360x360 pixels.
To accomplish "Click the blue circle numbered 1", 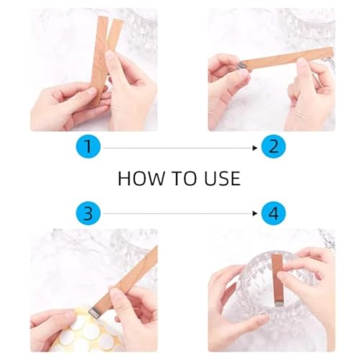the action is (x=89, y=146).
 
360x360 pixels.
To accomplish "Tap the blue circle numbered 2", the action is (x=274, y=146).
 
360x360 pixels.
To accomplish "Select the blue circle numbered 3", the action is (x=89, y=213).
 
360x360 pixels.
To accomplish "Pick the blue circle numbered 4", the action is (x=274, y=213).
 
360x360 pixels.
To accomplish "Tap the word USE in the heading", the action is (x=222, y=179).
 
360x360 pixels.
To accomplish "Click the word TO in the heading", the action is (x=185, y=179).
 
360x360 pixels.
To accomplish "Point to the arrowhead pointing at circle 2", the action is (x=255, y=148).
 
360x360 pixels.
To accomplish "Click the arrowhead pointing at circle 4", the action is (x=255, y=213).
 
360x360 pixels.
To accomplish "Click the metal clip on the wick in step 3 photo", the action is (x=94, y=312).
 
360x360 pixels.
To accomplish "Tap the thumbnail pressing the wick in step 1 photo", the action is (x=110, y=55).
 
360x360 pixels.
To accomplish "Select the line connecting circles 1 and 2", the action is (x=179, y=148).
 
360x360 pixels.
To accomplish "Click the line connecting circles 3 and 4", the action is (x=179, y=213).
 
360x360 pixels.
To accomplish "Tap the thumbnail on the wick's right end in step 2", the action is (x=301, y=63).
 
